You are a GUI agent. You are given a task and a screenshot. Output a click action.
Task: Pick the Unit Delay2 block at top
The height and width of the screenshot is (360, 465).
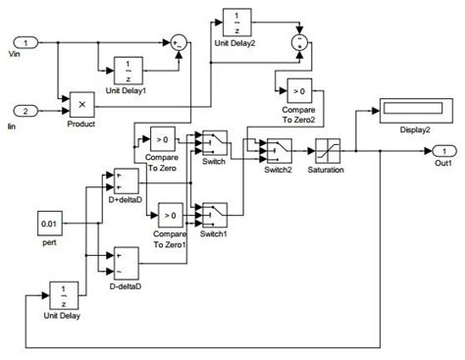(x=235, y=22)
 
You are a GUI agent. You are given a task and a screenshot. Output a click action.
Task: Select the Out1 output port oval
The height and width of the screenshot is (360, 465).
(x=443, y=150)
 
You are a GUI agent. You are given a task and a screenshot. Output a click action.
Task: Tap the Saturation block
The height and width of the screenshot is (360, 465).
(x=328, y=151)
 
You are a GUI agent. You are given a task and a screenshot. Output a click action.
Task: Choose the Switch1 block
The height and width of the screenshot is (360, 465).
(x=214, y=212)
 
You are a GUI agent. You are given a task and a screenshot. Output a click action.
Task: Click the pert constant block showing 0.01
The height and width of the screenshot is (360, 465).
(x=52, y=225)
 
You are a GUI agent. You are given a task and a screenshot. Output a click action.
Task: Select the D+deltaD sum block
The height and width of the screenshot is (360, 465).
(x=126, y=180)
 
